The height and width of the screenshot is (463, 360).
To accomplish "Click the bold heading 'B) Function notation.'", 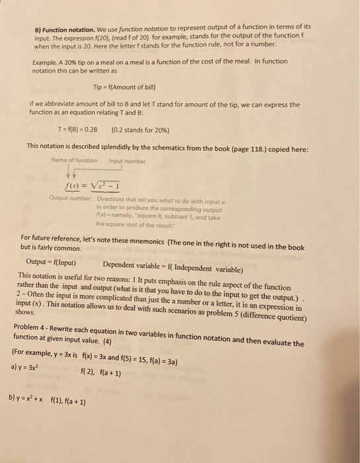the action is pos(65,29).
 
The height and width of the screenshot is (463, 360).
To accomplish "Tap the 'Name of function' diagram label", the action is pos(73,160).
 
